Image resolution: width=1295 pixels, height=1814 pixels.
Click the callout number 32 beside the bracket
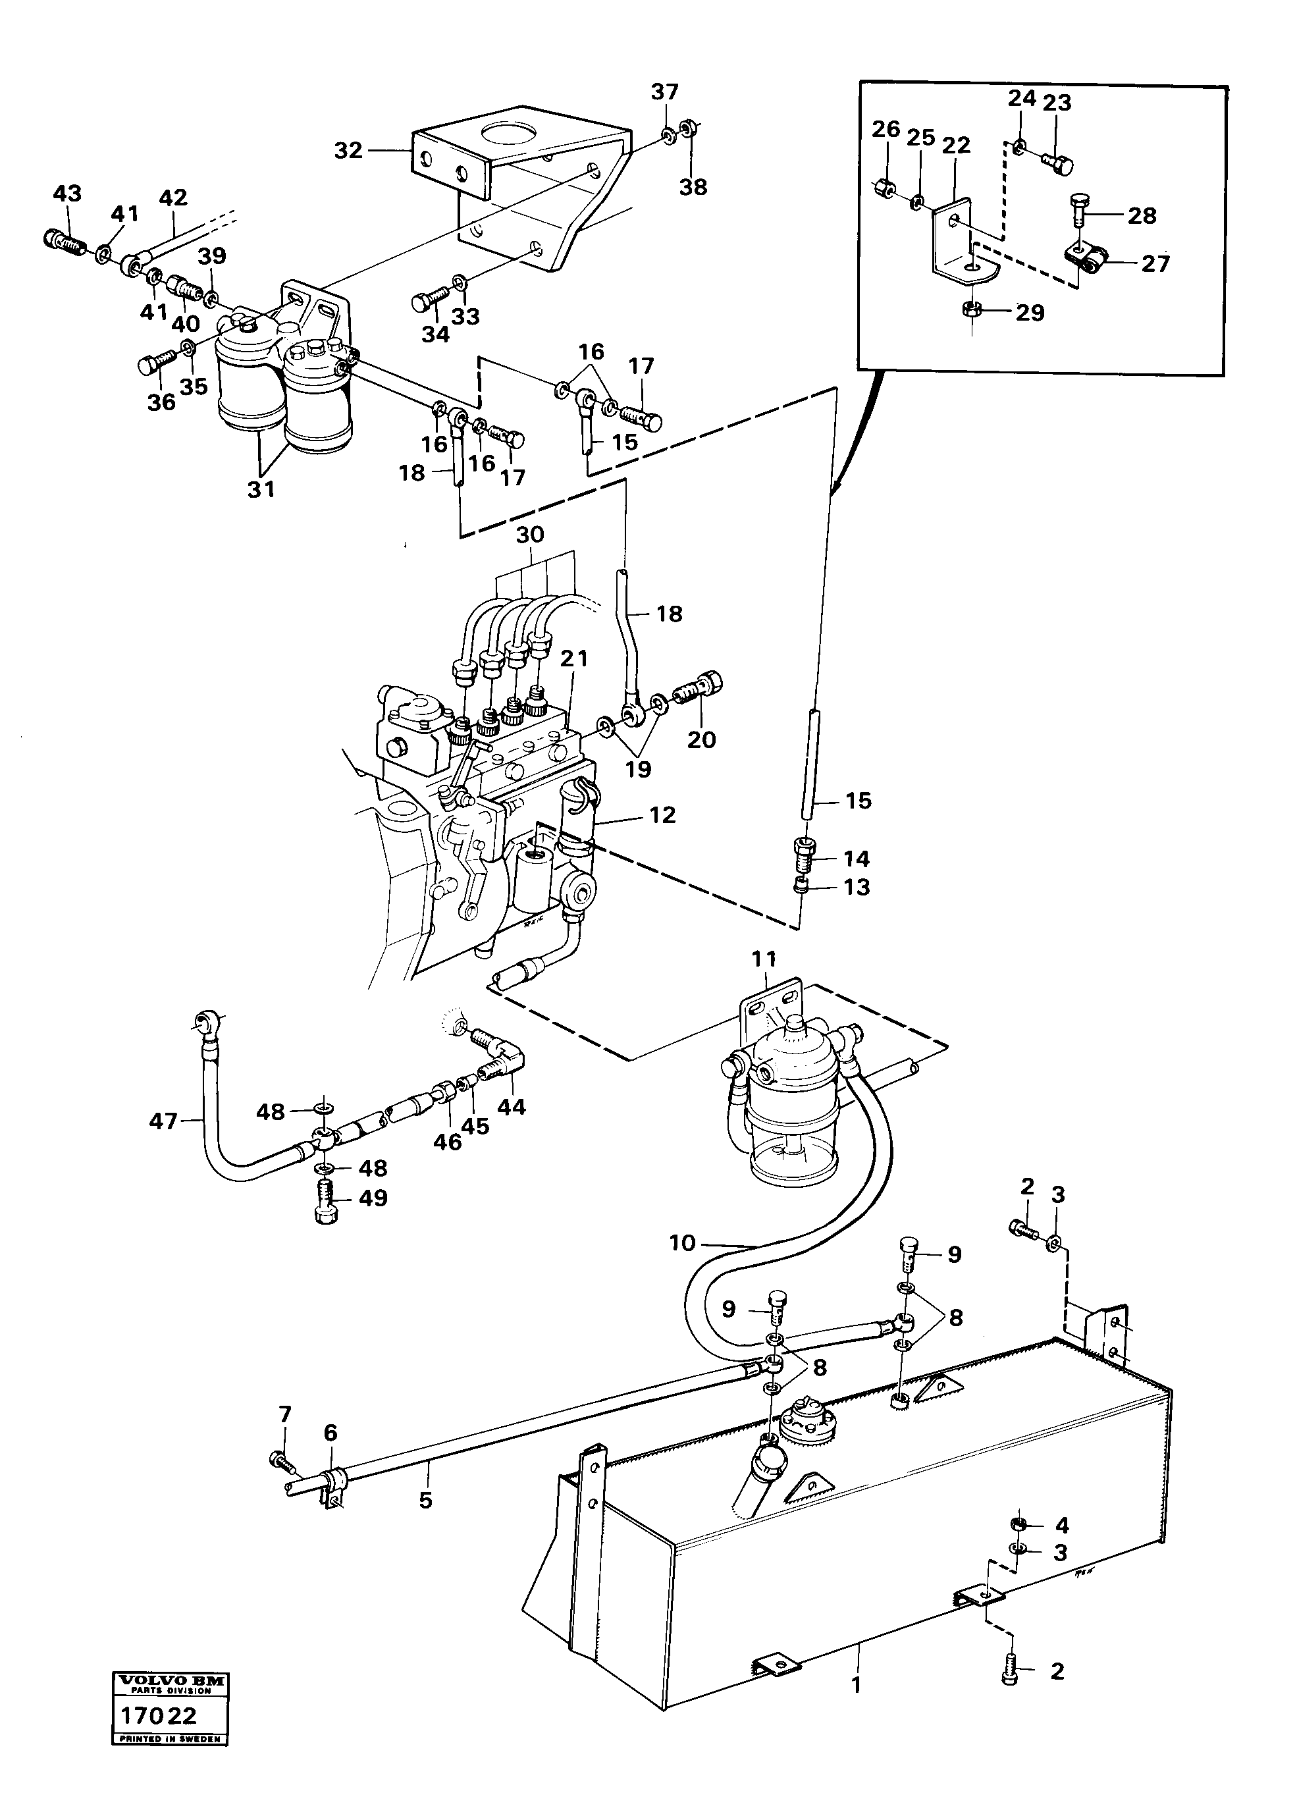[x=348, y=151]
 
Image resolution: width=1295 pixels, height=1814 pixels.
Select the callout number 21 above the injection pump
[x=573, y=658]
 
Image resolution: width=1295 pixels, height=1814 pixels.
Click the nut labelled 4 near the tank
[x=1018, y=1526]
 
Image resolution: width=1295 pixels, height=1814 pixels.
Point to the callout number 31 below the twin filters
[x=261, y=489]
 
